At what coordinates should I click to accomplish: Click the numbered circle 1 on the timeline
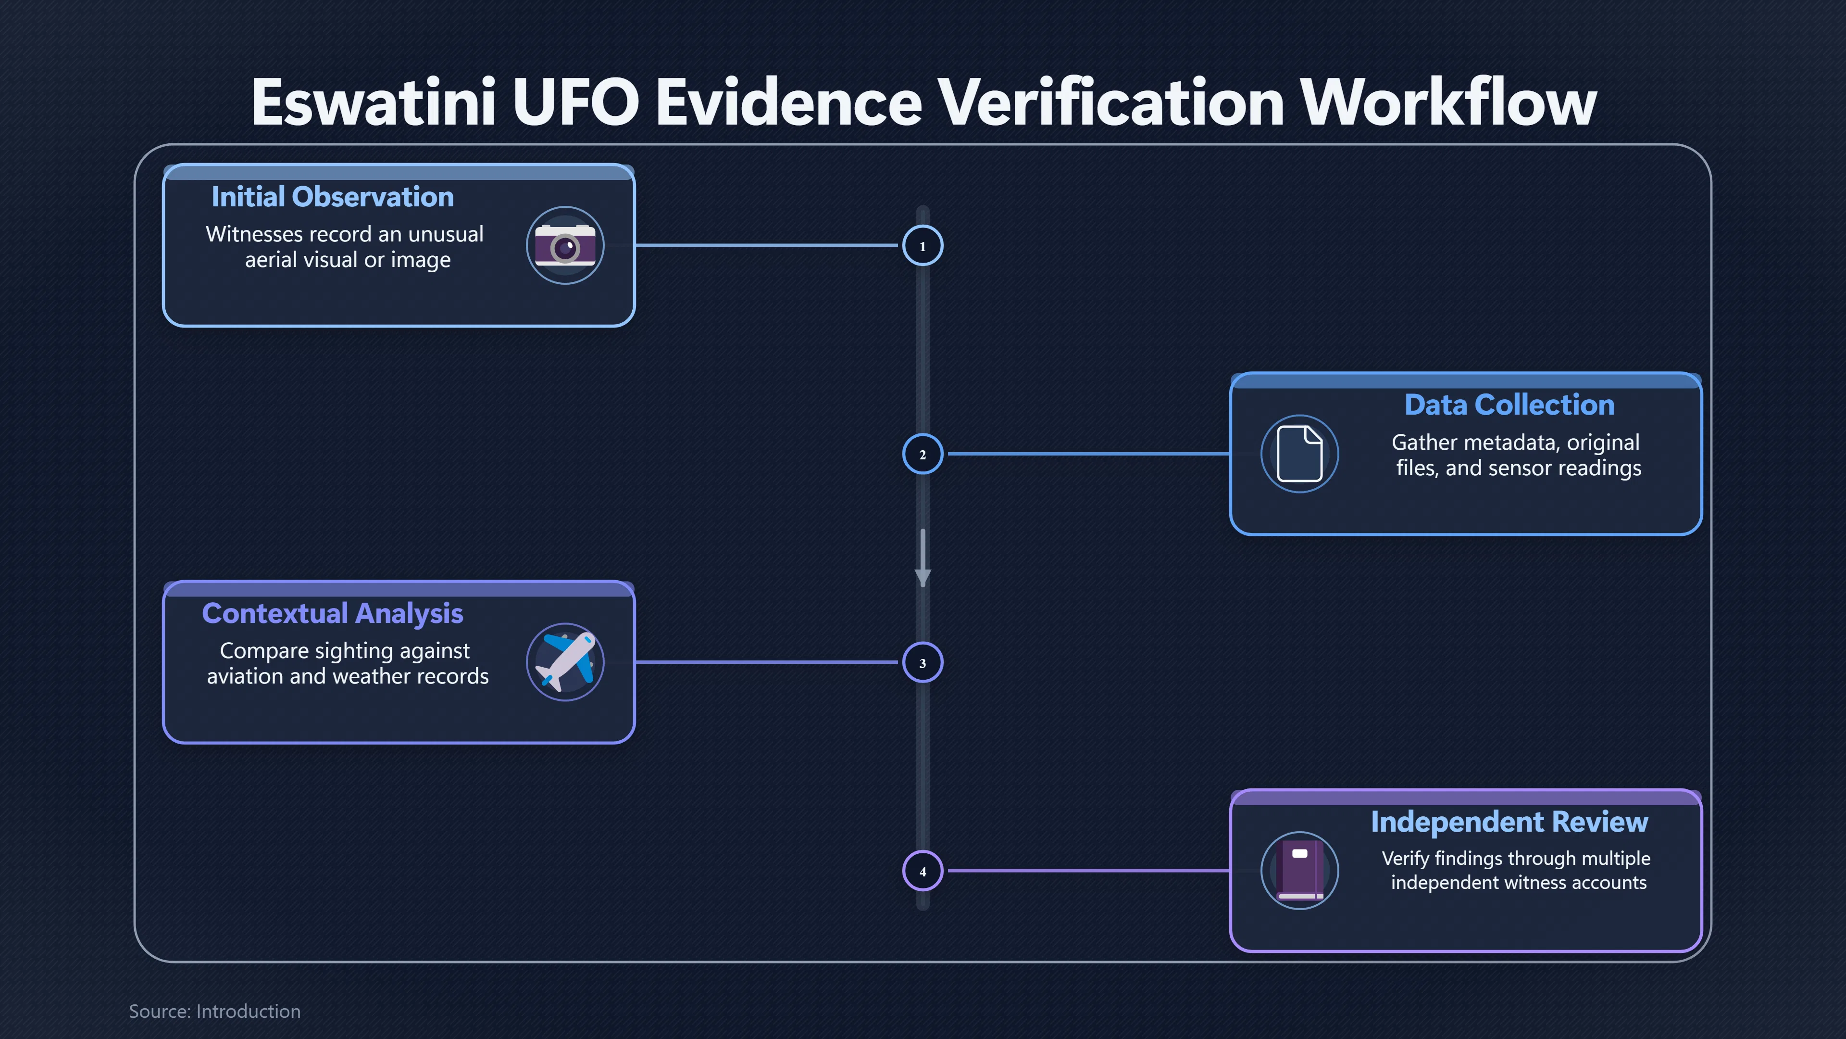pyautogui.click(x=923, y=245)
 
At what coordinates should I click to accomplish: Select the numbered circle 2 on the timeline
pyautogui.click(x=923, y=454)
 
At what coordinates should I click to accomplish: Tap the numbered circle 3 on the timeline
pyautogui.click(x=923, y=662)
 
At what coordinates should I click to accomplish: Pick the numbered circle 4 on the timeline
pyautogui.click(x=923, y=871)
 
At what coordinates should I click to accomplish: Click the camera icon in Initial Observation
pyautogui.click(x=565, y=246)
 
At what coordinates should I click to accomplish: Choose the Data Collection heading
pyautogui.click(x=1509, y=405)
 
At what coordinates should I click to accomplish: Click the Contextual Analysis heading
pyautogui.click(x=333, y=614)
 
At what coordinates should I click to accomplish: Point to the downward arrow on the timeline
pyautogui.click(x=923, y=558)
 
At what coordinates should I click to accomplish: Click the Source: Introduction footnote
pyautogui.click(x=214, y=1012)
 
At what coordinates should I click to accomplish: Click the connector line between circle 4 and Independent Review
pyautogui.click(x=1088, y=871)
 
